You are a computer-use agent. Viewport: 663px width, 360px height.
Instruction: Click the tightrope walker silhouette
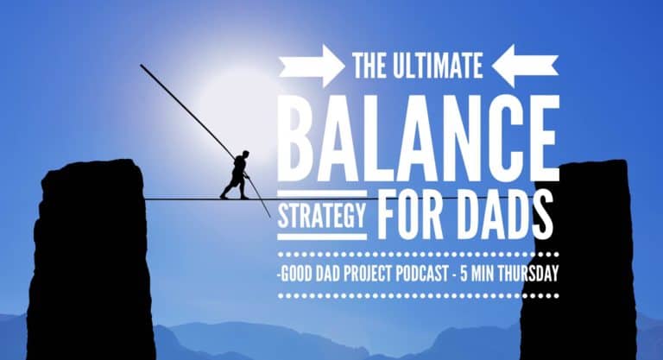(x=237, y=175)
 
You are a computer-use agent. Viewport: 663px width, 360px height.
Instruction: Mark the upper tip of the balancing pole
(x=142, y=66)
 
